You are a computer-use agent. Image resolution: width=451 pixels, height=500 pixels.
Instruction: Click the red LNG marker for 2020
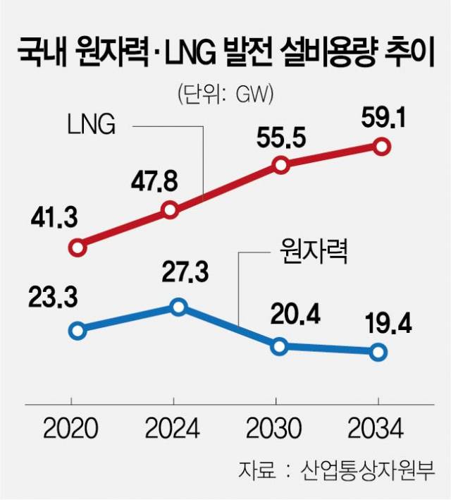click(x=78, y=248)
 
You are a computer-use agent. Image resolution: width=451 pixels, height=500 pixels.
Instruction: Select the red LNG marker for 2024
click(x=170, y=209)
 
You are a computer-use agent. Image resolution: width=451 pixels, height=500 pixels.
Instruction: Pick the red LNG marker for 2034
click(x=382, y=147)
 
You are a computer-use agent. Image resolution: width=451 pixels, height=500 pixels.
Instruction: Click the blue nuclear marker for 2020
click(x=78, y=330)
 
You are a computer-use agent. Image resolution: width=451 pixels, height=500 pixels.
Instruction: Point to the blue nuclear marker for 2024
click(x=178, y=307)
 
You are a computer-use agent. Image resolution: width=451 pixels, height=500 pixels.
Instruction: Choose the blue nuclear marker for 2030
click(x=280, y=346)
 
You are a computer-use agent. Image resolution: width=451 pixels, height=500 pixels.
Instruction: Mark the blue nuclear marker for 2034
click(x=378, y=352)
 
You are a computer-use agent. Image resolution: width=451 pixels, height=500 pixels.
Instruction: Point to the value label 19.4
click(x=387, y=324)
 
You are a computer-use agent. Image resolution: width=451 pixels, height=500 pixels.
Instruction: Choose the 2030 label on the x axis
click(x=275, y=428)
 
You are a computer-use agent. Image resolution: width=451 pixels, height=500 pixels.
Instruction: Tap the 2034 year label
click(x=377, y=428)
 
